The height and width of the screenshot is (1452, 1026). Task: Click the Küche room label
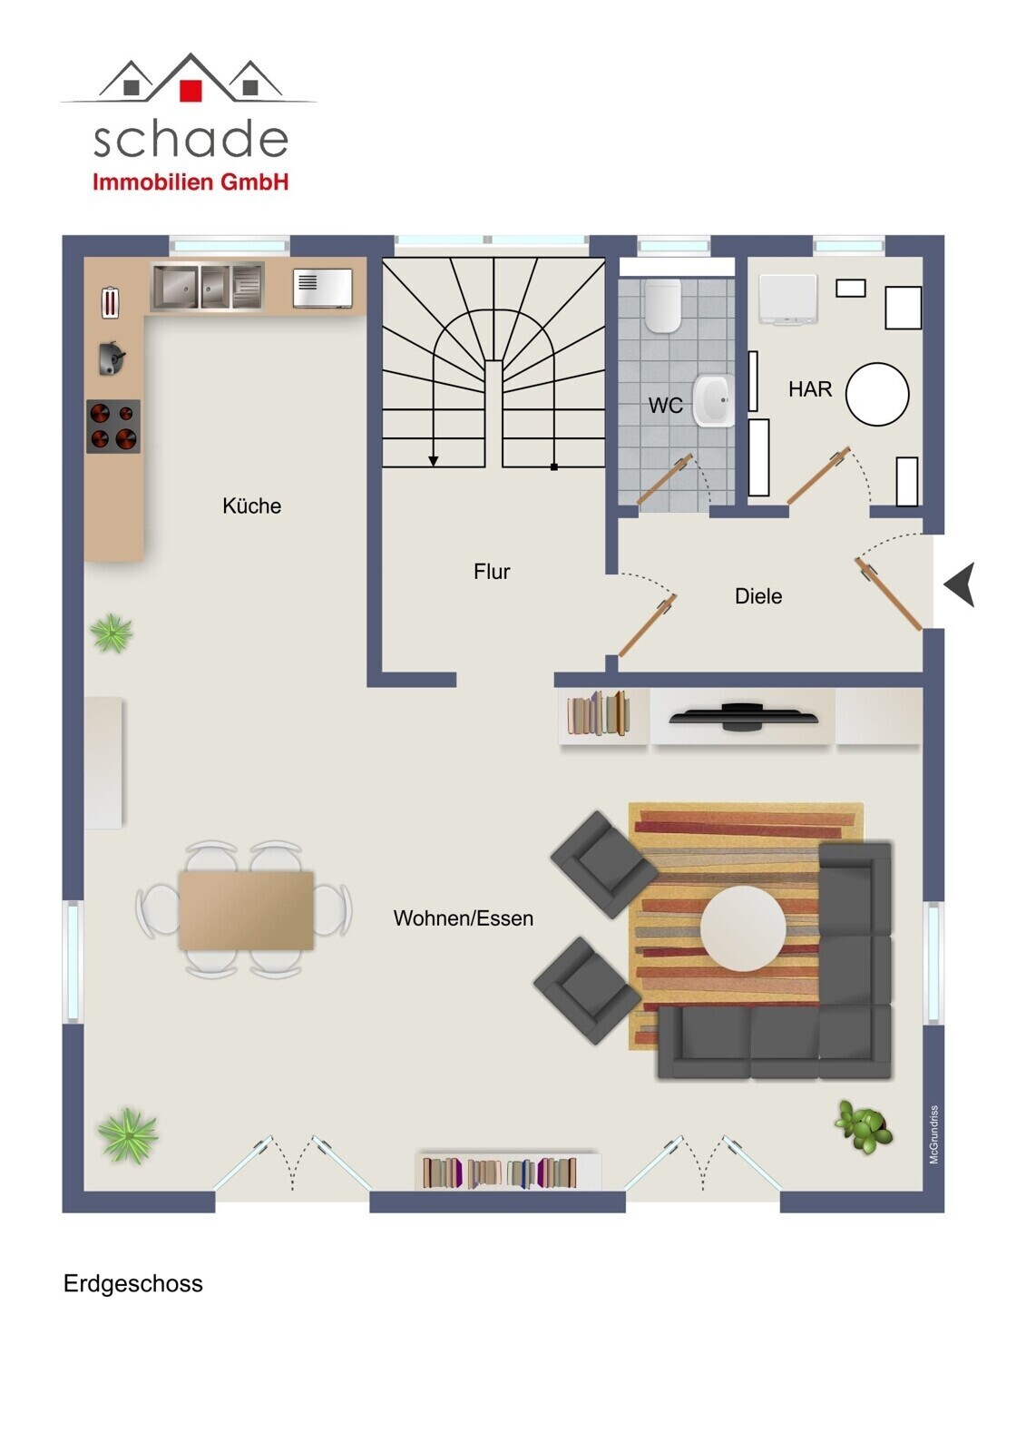point(251,505)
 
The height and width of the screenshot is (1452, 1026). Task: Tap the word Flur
point(492,571)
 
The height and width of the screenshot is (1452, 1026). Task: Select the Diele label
point(758,595)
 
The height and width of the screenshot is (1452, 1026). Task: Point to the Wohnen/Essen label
point(463,917)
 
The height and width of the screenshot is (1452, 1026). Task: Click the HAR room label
point(810,389)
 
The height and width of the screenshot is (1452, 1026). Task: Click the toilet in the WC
point(662,305)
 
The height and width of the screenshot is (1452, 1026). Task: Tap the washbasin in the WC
point(714,400)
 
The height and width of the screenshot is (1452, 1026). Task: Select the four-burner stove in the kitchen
point(113,426)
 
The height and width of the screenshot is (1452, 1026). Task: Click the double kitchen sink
point(208,286)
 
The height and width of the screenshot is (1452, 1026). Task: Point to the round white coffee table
point(743,927)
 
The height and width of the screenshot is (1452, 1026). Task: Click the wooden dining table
point(246,910)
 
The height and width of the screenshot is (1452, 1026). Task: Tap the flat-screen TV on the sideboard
point(743,717)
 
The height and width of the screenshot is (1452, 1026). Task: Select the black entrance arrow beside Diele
point(961,584)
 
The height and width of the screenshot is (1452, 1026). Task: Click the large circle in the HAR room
point(877,394)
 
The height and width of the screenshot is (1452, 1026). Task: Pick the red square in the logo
point(191,91)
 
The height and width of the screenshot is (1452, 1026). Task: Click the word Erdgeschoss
point(132,1283)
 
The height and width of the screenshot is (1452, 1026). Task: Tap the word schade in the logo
point(191,140)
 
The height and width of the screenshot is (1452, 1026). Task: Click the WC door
point(664,479)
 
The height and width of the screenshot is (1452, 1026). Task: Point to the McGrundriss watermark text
point(934,1134)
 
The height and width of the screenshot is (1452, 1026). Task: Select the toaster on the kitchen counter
point(111,303)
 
